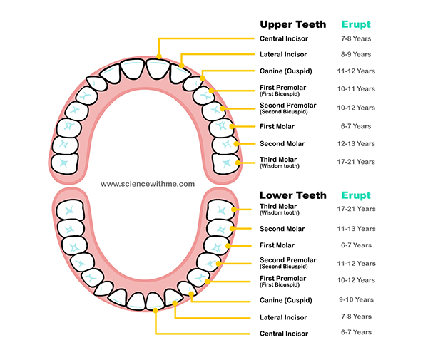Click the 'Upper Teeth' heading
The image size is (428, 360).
[x=292, y=24]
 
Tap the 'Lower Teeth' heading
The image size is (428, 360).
[x=292, y=195]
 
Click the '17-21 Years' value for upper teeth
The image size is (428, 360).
[x=356, y=162]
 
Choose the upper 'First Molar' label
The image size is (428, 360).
[x=277, y=126]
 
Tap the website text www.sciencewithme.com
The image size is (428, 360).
[x=148, y=184]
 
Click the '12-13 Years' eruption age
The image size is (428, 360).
[x=356, y=144]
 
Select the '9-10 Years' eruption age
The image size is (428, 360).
[x=356, y=299]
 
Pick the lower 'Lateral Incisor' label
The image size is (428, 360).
[x=283, y=317]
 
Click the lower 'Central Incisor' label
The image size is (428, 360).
[x=284, y=334]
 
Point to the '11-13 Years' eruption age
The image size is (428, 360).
[x=356, y=229]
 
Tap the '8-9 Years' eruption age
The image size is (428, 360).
[x=356, y=54]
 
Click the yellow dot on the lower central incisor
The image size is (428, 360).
[x=155, y=309]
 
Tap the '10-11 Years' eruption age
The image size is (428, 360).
[x=356, y=89]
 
